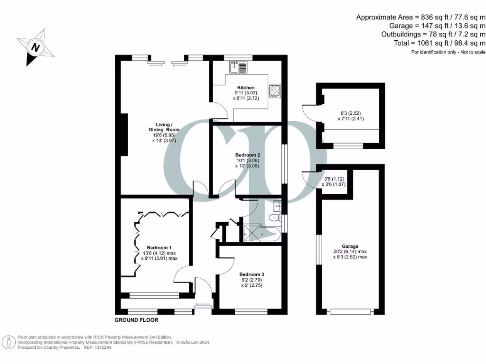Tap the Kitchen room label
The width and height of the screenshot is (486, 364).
click(x=246, y=88)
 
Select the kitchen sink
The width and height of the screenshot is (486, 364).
click(x=238, y=68)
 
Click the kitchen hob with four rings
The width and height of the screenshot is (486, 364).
click(x=275, y=91)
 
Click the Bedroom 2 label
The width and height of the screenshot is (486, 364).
click(x=247, y=155)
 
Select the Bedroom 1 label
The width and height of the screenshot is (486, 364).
click(x=159, y=248)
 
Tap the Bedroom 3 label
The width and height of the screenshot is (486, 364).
click(x=252, y=274)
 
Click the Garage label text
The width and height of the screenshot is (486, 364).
click(x=350, y=246)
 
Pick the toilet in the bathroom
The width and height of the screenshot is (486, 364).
click(x=272, y=218)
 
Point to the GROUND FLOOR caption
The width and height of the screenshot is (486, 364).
click(x=136, y=320)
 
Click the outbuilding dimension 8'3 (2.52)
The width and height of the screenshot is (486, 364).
click(x=350, y=113)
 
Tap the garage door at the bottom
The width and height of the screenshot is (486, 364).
click(x=350, y=311)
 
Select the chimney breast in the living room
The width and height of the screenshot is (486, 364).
click(x=124, y=136)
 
